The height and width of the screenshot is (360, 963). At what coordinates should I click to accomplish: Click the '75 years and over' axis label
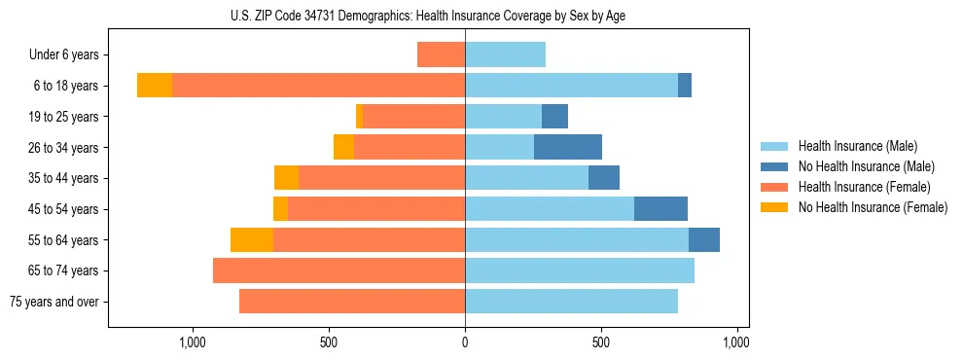(54, 302)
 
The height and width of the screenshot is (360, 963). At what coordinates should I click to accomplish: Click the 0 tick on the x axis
(465, 342)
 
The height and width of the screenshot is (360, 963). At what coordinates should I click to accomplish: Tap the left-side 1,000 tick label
(193, 342)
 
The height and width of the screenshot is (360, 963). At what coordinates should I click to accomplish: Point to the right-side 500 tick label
(601, 342)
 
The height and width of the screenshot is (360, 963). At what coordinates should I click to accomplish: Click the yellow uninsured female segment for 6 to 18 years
(155, 86)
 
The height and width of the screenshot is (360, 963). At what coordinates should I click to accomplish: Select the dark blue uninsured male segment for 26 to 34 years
(568, 147)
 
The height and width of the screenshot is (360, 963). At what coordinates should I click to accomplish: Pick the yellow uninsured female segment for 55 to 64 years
(252, 239)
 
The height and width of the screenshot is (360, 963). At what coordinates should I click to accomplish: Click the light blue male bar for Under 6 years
(505, 54)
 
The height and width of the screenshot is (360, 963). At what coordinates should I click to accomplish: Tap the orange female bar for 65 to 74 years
(339, 270)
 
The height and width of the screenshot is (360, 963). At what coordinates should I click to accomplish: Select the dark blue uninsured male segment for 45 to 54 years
(660, 209)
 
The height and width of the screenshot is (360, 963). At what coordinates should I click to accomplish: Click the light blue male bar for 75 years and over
(571, 302)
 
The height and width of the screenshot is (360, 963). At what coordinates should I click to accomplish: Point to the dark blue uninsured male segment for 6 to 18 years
(685, 86)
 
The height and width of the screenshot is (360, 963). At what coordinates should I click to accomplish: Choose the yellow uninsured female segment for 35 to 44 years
(286, 178)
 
